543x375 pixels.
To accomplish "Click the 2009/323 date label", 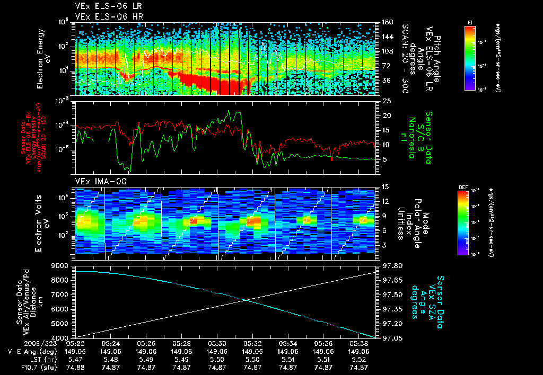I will click(24, 344).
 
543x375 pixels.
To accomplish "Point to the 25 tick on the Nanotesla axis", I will click(387, 101).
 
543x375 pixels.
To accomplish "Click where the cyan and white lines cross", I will click(246, 300).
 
